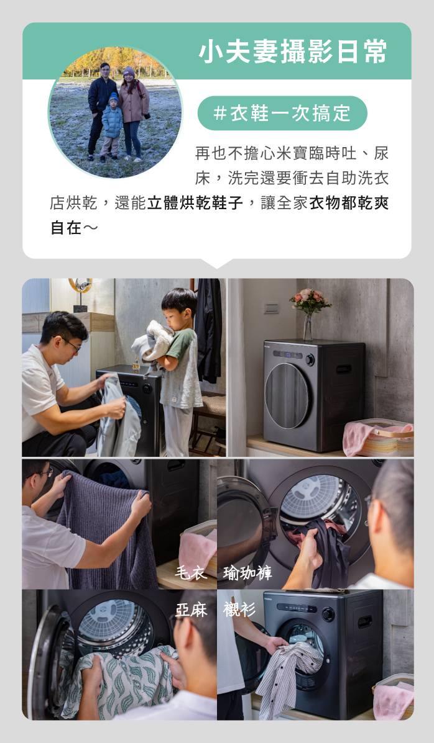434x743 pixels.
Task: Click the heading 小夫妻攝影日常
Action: pyautogui.click(x=292, y=52)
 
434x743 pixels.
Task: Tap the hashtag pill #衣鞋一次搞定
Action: pyautogui.click(x=282, y=113)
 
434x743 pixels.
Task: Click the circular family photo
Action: pyautogui.click(x=116, y=112)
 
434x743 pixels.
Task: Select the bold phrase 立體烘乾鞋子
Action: pyautogui.click(x=195, y=203)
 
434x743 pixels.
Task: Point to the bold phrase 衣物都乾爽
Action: pyautogui.click(x=349, y=203)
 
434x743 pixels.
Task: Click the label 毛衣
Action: pyautogui.click(x=191, y=573)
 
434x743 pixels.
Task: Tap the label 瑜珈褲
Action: pyautogui.click(x=247, y=573)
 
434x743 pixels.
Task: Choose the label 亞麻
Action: pyautogui.click(x=192, y=610)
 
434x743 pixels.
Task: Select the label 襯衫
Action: pyautogui.click(x=239, y=610)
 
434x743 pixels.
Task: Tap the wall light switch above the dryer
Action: pyautogui.click(x=272, y=308)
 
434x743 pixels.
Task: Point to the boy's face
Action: pyautogui.click(x=173, y=317)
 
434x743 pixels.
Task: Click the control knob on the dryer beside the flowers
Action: pyautogui.click(x=310, y=359)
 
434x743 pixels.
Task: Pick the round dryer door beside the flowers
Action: pyautogui.click(x=287, y=395)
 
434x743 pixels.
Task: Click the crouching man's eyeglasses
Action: pyautogui.click(x=72, y=344)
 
